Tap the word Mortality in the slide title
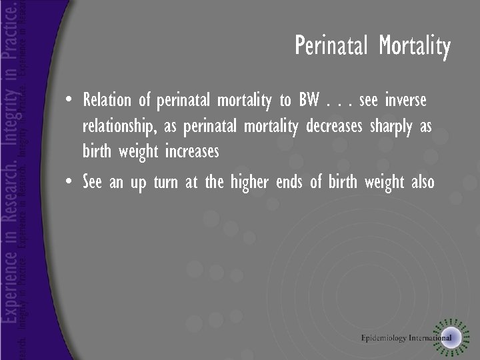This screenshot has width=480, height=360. (x=415, y=47)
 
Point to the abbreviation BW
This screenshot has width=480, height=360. (x=309, y=101)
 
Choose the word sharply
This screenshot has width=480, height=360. (x=393, y=127)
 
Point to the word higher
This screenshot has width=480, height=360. (x=250, y=181)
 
